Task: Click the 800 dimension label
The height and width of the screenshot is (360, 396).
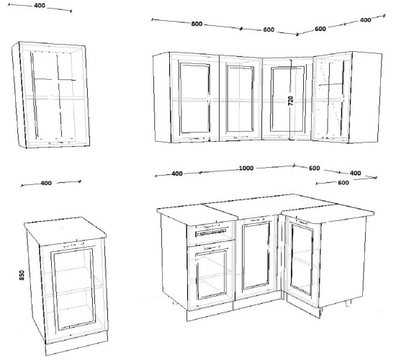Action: (x=197, y=24)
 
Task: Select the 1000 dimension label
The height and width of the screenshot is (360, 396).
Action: (x=246, y=168)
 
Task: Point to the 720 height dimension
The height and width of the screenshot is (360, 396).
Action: (x=291, y=101)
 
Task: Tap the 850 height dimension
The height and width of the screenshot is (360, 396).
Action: (x=22, y=275)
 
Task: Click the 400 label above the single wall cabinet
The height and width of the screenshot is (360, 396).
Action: (x=40, y=6)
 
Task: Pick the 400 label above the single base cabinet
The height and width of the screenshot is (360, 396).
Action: (x=46, y=183)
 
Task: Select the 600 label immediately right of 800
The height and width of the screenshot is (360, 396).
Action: (x=269, y=30)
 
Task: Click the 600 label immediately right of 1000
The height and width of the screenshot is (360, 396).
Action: (x=314, y=168)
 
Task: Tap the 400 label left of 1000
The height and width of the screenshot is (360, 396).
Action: (x=177, y=174)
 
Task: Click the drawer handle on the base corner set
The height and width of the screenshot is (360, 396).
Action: (x=212, y=233)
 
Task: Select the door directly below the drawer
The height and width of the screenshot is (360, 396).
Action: (x=211, y=275)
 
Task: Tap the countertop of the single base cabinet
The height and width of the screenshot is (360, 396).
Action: (x=65, y=231)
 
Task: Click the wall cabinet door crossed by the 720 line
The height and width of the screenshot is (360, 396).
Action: (x=287, y=99)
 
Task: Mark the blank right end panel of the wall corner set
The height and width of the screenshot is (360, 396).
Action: (x=366, y=96)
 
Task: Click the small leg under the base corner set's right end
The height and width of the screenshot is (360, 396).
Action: (x=348, y=304)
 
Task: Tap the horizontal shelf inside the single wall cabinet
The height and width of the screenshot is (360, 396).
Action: (x=55, y=98)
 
